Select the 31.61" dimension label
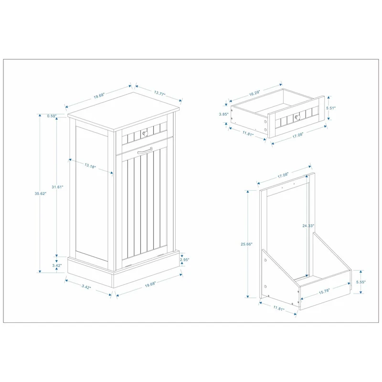58,187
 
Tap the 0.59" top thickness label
52,116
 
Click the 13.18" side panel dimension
90,167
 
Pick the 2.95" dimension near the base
185,260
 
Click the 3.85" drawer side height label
223,114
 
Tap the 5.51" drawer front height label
331,108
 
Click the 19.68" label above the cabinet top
99,96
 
